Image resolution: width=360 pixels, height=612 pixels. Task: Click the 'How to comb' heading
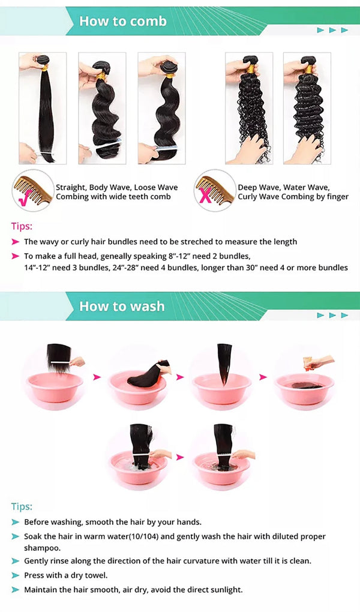tap(123, 21)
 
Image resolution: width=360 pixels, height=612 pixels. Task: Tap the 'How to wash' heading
tap(122, 307)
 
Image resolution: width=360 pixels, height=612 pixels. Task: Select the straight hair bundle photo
tap(43, 108)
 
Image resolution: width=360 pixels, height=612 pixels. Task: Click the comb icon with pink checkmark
tap(32, 191)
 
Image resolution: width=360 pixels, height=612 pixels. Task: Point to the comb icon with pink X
tap(215, 191)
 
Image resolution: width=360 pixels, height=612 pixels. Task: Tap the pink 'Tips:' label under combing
tap(22, 226)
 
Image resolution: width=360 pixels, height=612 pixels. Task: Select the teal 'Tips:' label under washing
tap(22, 506)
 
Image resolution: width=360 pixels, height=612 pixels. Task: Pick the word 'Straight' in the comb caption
tap(70, 188)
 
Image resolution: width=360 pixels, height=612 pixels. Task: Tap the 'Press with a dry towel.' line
tap(65, 575)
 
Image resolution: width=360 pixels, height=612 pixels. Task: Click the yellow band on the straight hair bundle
tap(45, 68)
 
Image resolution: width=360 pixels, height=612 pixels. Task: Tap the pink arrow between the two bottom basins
tap(180, 457)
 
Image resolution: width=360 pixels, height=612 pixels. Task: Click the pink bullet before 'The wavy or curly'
tap(16, 242)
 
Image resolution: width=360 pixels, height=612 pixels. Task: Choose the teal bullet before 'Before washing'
tap(16, 522)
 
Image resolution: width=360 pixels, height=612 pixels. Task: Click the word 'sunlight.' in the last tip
tap(226, 590)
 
